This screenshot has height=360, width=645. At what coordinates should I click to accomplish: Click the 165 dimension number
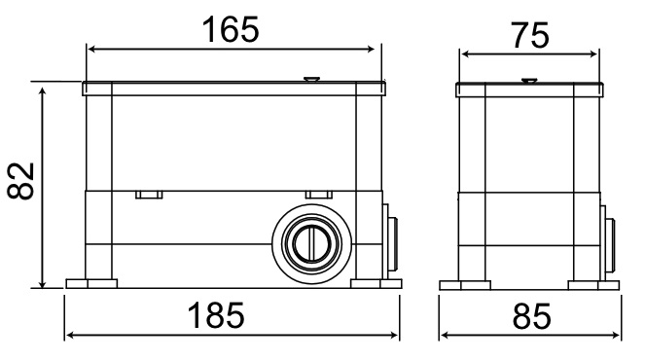coord(231,30)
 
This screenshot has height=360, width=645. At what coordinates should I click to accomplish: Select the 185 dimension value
coord(231,317)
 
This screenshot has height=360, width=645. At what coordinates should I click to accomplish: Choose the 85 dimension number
coord(531,317)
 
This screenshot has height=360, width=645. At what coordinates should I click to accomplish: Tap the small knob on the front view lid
coord(310,80)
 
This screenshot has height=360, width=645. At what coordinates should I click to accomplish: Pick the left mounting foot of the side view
coord(463,284)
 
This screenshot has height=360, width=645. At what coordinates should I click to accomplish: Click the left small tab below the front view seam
coord(148,195)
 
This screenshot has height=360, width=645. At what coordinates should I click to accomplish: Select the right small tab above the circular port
coord(317,195)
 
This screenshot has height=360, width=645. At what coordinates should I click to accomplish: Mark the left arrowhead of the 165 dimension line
coord(90,49)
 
